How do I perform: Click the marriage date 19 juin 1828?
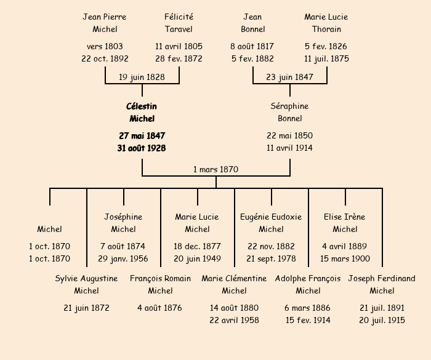coord(142,77)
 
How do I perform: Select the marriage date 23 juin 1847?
coord(289,77)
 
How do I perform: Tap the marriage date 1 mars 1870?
coord(216,169)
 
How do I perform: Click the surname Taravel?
coord(179,29)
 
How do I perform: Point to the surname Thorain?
coord(326,29)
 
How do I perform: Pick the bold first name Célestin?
coord(142,106)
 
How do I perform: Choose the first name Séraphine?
coord(289,106)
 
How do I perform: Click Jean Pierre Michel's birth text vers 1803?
coord(105,46)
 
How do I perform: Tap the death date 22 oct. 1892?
coord(105,59)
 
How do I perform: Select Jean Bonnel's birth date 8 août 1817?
coord(252,46)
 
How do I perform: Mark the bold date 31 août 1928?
coord(142,148)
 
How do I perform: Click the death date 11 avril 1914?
coord(289,148)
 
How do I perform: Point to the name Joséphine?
coord(123,217)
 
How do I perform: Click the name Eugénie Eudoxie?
coord(271,217)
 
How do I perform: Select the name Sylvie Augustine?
coord(86,278)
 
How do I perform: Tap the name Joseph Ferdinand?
coord(382,278)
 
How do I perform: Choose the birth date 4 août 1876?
coord(160,308)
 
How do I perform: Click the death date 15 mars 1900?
coord(345,259)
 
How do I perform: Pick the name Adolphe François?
coord(308,278)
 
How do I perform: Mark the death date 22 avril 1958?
coord(234,320)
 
